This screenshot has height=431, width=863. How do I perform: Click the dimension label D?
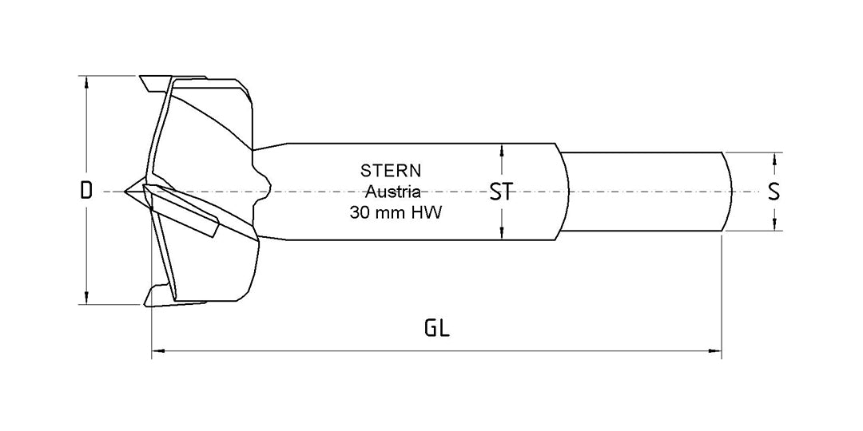pyautogui.click(x=86, y=191)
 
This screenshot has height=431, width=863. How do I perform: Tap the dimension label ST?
pyautogui.click(x=500, y=192)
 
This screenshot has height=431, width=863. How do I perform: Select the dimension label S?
pyautogui.click(x=773, y=192)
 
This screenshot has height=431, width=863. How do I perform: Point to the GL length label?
pyautogui.click(x=437, y=328)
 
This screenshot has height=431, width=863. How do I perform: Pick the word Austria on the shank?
pyautogui.click(x=393, y=192)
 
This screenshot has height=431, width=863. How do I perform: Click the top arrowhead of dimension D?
pyautogui.click(x=86, y=81)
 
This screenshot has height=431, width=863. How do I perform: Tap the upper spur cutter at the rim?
pyautogui.click(x=151, y=82)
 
